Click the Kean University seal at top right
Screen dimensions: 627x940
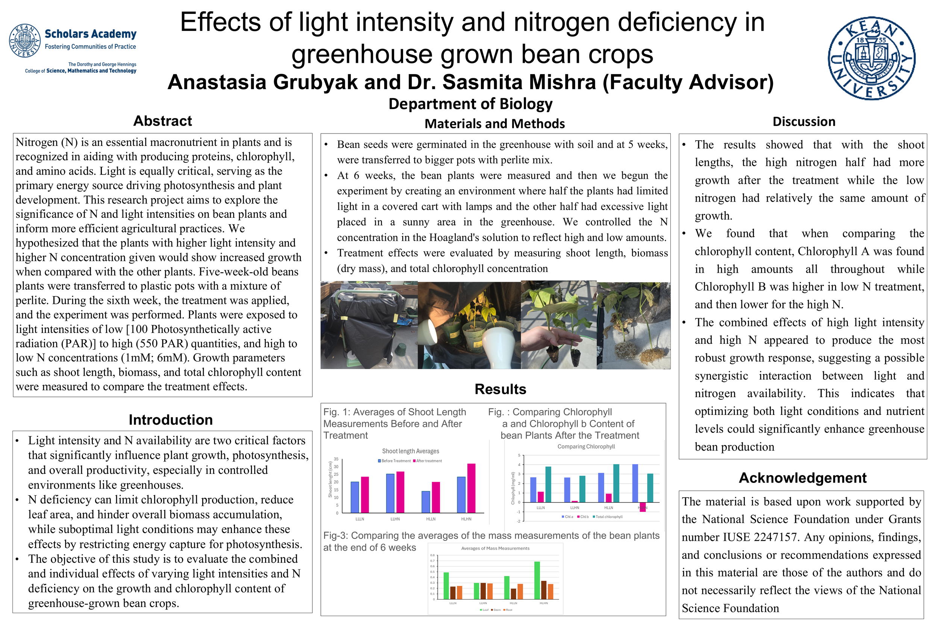871,58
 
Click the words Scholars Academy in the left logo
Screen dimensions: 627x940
90,34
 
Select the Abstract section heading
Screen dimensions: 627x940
163,121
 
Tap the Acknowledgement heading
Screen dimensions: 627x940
802,478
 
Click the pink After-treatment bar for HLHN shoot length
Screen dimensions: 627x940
471,488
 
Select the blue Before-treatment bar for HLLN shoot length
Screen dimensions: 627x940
426,502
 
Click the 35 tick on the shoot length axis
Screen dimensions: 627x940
336,459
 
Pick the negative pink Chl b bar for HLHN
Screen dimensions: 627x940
643,507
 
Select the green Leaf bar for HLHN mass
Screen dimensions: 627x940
537,580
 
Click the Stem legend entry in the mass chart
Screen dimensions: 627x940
496,610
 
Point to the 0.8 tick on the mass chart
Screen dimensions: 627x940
432,556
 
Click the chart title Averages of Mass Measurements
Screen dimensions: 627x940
495,549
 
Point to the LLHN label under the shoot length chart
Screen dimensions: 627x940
395,519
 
